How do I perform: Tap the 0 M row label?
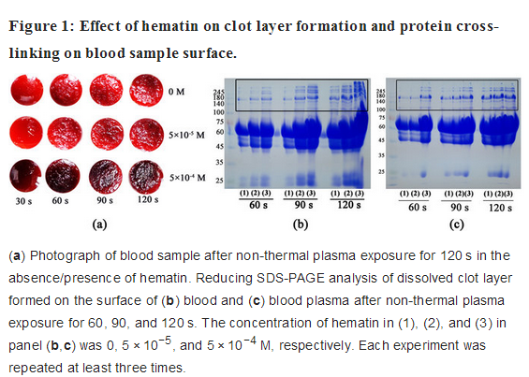176,92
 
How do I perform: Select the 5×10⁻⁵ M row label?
186,135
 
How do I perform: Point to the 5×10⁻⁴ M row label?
187,178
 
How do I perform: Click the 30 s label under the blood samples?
23,201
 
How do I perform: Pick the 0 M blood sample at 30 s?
26,91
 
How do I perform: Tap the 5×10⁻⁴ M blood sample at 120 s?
146,177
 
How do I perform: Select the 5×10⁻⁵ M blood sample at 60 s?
65,134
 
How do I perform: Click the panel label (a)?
99,225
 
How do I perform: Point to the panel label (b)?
301,225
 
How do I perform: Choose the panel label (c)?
457,225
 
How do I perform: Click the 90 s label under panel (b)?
303,205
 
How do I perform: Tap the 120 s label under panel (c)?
500,208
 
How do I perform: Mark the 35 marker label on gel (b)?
220,162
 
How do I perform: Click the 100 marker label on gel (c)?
381,109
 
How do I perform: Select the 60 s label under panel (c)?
418,207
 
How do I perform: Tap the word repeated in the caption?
40,368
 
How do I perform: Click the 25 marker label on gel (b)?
220,181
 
